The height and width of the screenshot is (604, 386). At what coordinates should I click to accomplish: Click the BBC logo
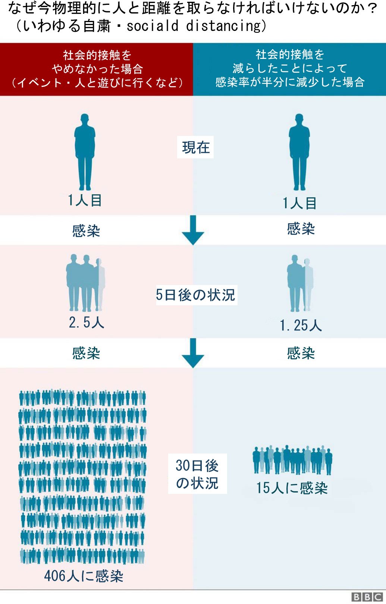[x=367, y=597]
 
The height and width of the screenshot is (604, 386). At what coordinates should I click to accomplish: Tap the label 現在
[x=195, y=148]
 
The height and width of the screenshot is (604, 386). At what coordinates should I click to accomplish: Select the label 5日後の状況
[x=196, y=295]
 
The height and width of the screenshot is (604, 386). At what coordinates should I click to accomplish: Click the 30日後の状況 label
[x=197, y=474]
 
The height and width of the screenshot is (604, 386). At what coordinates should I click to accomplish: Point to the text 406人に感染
[x=84, y=576]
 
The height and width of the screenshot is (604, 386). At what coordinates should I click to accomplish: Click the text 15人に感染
[x=292, y=488]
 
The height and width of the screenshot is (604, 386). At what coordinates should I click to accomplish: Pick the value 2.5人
[x=86, y=323]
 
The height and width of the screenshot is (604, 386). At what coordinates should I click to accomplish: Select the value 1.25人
[x=301, y=325]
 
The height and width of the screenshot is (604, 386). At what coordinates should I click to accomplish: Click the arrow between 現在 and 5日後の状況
[x=193, y=230]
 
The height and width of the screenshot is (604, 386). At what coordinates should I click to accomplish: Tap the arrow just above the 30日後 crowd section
[x=193, y=353]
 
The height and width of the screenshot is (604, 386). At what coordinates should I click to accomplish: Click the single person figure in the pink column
[x=85, y=152]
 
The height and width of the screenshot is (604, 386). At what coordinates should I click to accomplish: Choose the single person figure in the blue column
[x=299, y=152]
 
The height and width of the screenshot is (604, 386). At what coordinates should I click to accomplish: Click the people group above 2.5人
[x=85, y=283]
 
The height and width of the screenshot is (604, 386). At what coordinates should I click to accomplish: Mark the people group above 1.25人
[x=300, y=283]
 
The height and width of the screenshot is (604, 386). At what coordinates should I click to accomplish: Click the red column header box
[x=97, y=69]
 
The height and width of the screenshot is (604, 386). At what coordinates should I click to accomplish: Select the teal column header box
[x=289, y=69]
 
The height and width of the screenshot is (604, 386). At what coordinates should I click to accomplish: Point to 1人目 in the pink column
[x=85, y=201]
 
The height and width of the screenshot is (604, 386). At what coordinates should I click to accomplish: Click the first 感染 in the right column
[x=301, y=229]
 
